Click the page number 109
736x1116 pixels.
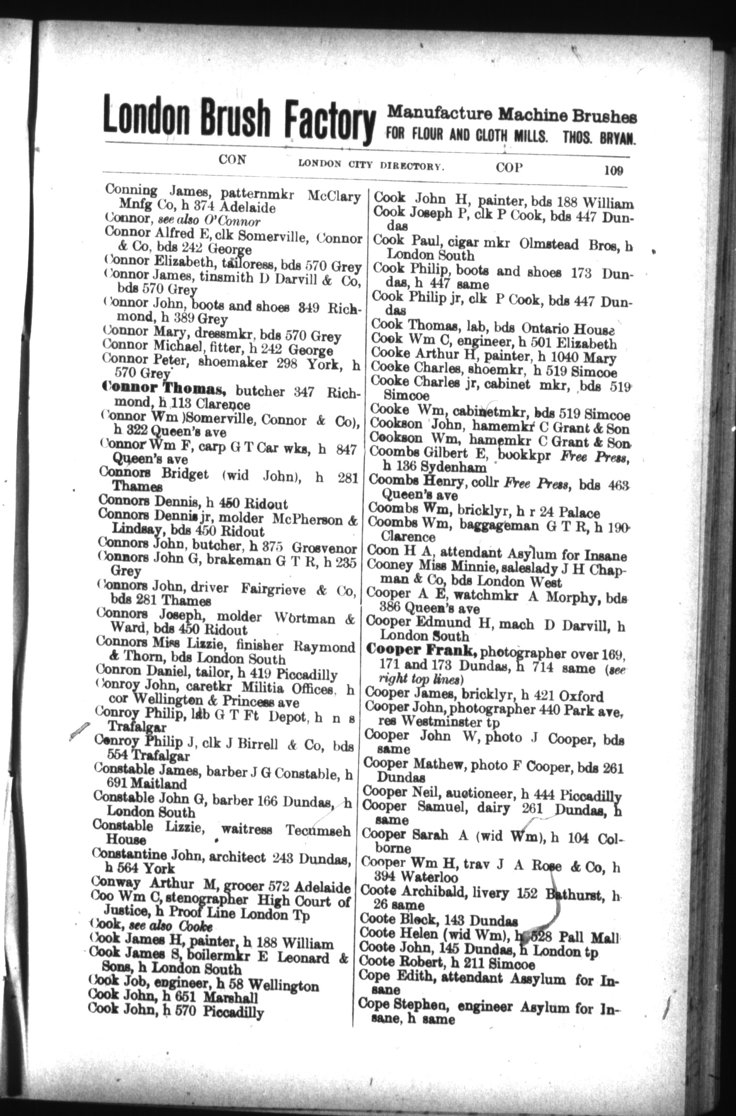[613, 170]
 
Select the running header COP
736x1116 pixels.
[509, 167]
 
